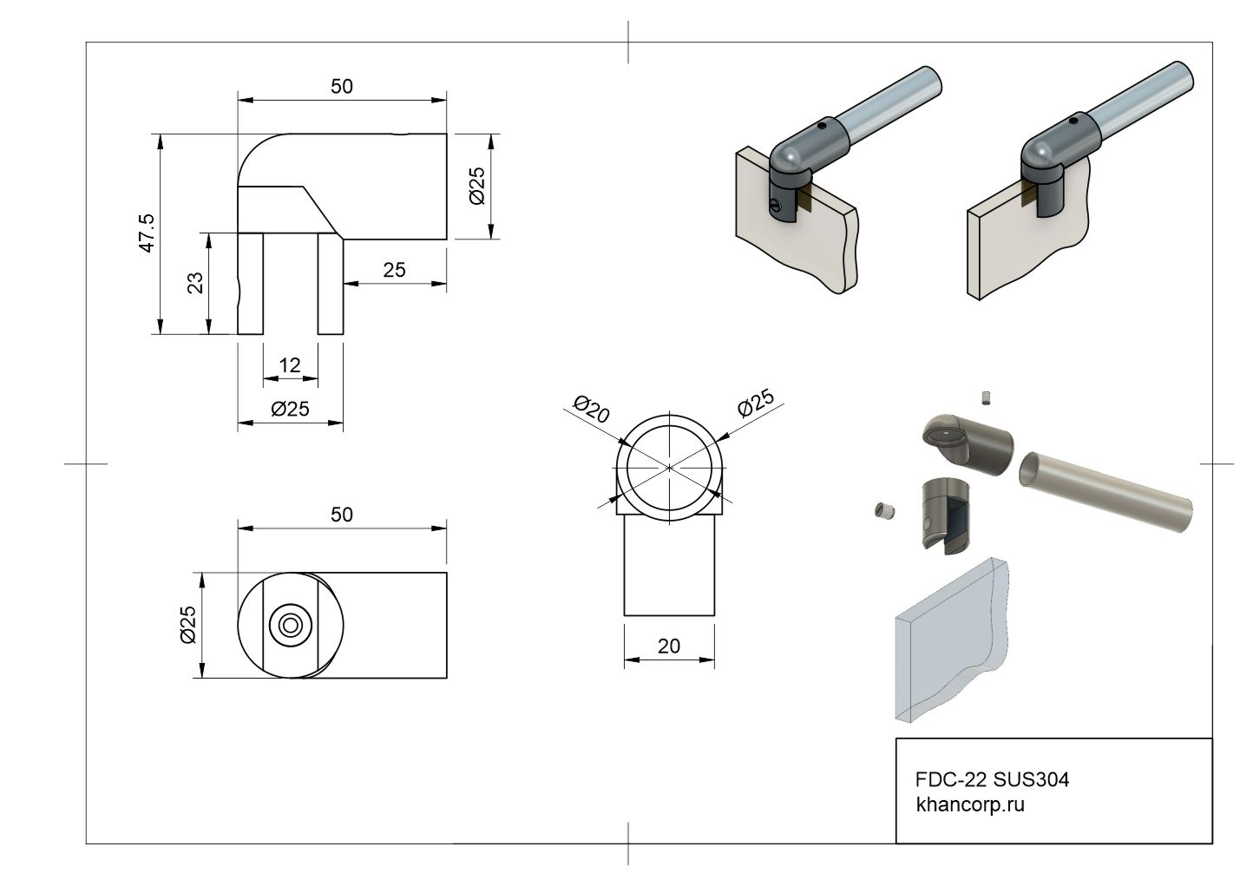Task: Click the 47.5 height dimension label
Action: click(147, 233)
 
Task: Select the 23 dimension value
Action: click(195, 283)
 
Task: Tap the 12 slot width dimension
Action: click(290, 365)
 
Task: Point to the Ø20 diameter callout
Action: click(592, 409)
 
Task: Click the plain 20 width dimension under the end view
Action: click(669, 646)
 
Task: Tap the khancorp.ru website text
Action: click(970, 804)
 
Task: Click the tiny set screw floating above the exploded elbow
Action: click(985, 397)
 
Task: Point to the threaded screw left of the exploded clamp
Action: click(882, 511)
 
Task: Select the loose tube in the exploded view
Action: click(1102, 490)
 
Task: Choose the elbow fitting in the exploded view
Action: click(963, 439)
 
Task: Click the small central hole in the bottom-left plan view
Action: click(291, 625)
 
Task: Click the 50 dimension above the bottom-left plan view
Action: click(342, 515)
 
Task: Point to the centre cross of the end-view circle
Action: click(669, 468)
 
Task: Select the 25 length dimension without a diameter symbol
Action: click(394, 270)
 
